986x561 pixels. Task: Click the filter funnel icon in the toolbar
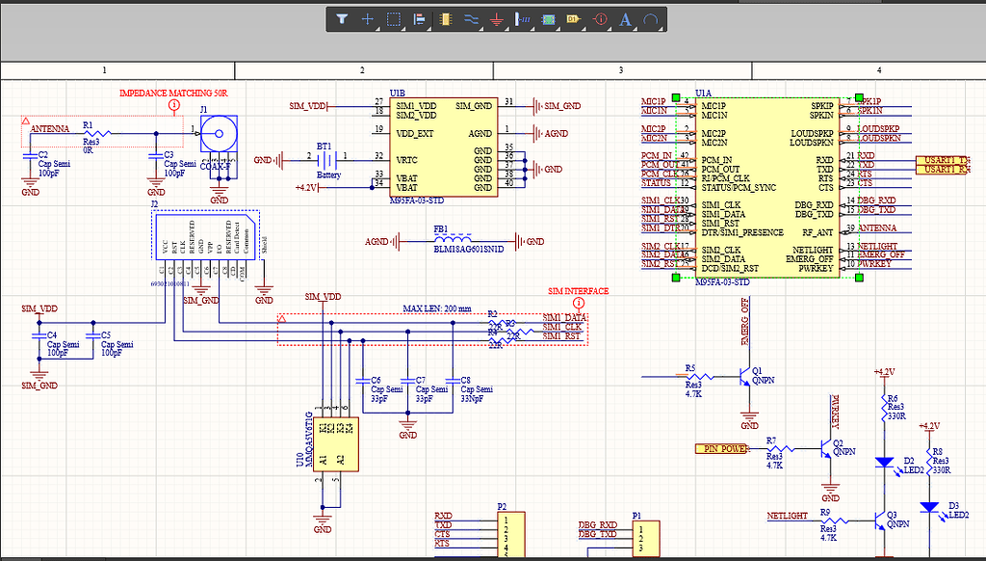click(342, 18)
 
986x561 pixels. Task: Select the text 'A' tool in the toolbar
click(625, 18)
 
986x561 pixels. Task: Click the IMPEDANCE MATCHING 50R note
click(179, 93)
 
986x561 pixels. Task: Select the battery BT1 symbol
click(329, 159)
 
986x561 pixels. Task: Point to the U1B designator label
click(398, 93)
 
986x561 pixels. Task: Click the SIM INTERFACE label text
click(578, 291)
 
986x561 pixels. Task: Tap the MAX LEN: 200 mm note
click(436, 308)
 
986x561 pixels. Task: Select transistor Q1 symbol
click(743, 376)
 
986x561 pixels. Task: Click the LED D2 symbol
click(884, 462)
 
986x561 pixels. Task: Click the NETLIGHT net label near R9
click(786, 516)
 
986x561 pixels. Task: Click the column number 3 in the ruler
click(621, 70)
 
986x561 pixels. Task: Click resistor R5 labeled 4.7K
click(701, 376)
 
